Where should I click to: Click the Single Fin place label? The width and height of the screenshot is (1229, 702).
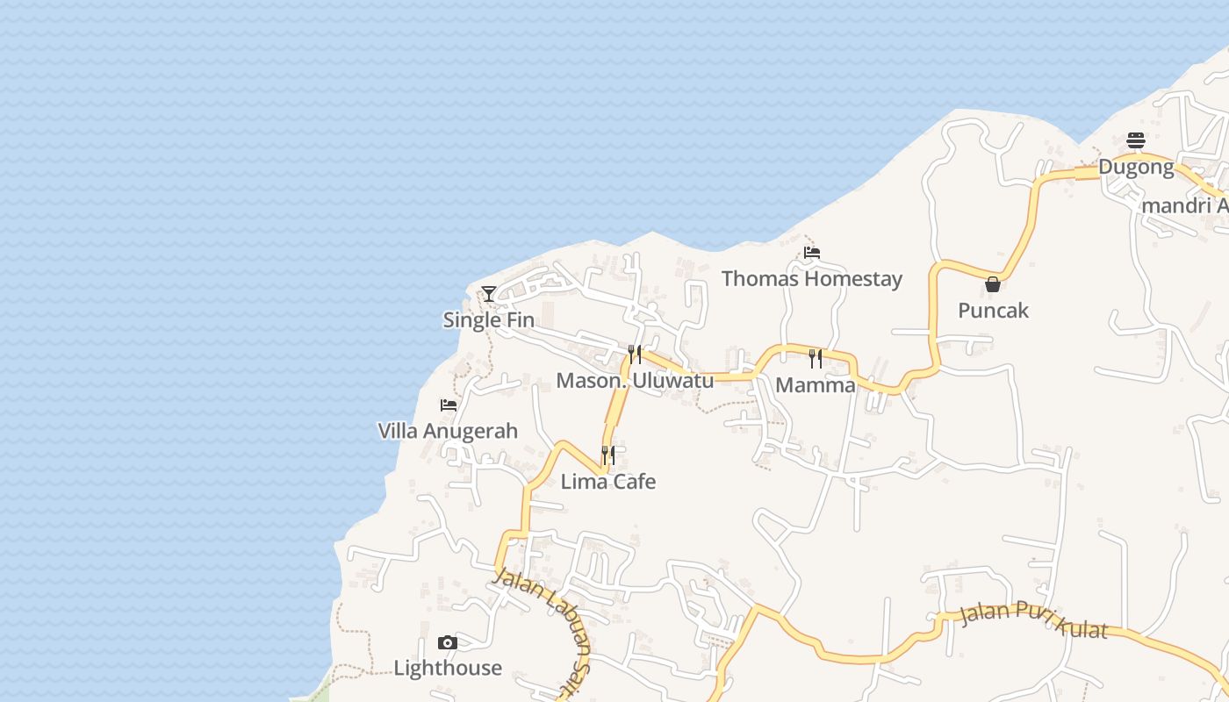pyautogui.click(x=488, y=320)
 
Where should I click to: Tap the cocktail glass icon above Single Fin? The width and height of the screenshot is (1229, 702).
pyautogui.click(x=489, y=294)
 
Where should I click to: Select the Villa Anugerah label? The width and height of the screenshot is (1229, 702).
pyautogui.click(x=448, y=431)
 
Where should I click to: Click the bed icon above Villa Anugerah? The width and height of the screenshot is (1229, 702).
pyautogui.click(x=449, y=405)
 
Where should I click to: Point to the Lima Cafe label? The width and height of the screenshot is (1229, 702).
pyautogui.click(x=608, y=482)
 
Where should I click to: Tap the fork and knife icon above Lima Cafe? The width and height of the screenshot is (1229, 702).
pyautogui.click(x=608, y=455)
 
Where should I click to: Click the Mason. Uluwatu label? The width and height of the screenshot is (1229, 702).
pyautogui.click(x=635, y=381)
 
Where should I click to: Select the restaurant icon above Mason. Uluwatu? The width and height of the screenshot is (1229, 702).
pyautogui.click(x=635, y=355)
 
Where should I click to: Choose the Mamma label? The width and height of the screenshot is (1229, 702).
pyautogui.click(x=816, y=385)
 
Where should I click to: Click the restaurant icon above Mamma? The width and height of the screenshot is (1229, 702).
pyautogui.click(x=816, y=358)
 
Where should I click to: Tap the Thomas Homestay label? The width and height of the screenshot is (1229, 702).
pyautogui.click(x=812, y=279)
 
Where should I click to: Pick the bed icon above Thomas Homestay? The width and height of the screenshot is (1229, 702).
pyautogui.click(x=812, y=253)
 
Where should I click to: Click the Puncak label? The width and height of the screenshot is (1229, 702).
pyautogui.click(x=993, y=311)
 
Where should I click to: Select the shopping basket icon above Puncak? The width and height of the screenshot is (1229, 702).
pyautogui.click(x=993, y=284)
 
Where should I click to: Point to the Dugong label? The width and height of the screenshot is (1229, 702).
pyautogui.click(x=1136, y=167)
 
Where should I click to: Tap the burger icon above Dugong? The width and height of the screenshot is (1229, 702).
pyautogui.click(x=1136, y=140)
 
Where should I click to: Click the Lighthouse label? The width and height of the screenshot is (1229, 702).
pyautogui.click(x=448, y=668)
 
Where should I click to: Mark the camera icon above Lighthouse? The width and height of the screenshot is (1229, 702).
pyautogui.click(x=448, y=642)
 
